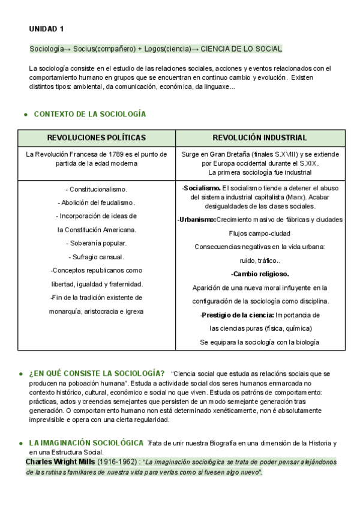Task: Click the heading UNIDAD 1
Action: point(46,29)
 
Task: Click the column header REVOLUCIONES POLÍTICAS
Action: point(97,137)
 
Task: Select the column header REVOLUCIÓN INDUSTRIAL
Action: point(260,137)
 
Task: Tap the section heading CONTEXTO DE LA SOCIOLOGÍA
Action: point(90,114)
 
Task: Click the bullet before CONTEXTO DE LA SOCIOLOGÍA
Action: point(25,115)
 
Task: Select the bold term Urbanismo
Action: point(197,220)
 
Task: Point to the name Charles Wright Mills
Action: point(61,462)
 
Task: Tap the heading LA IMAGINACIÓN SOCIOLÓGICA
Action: point(86,444)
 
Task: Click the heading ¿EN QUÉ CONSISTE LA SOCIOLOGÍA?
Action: point(97,373)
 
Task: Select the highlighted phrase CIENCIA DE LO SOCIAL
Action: point(241,49)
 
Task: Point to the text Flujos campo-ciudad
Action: point(259,233)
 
